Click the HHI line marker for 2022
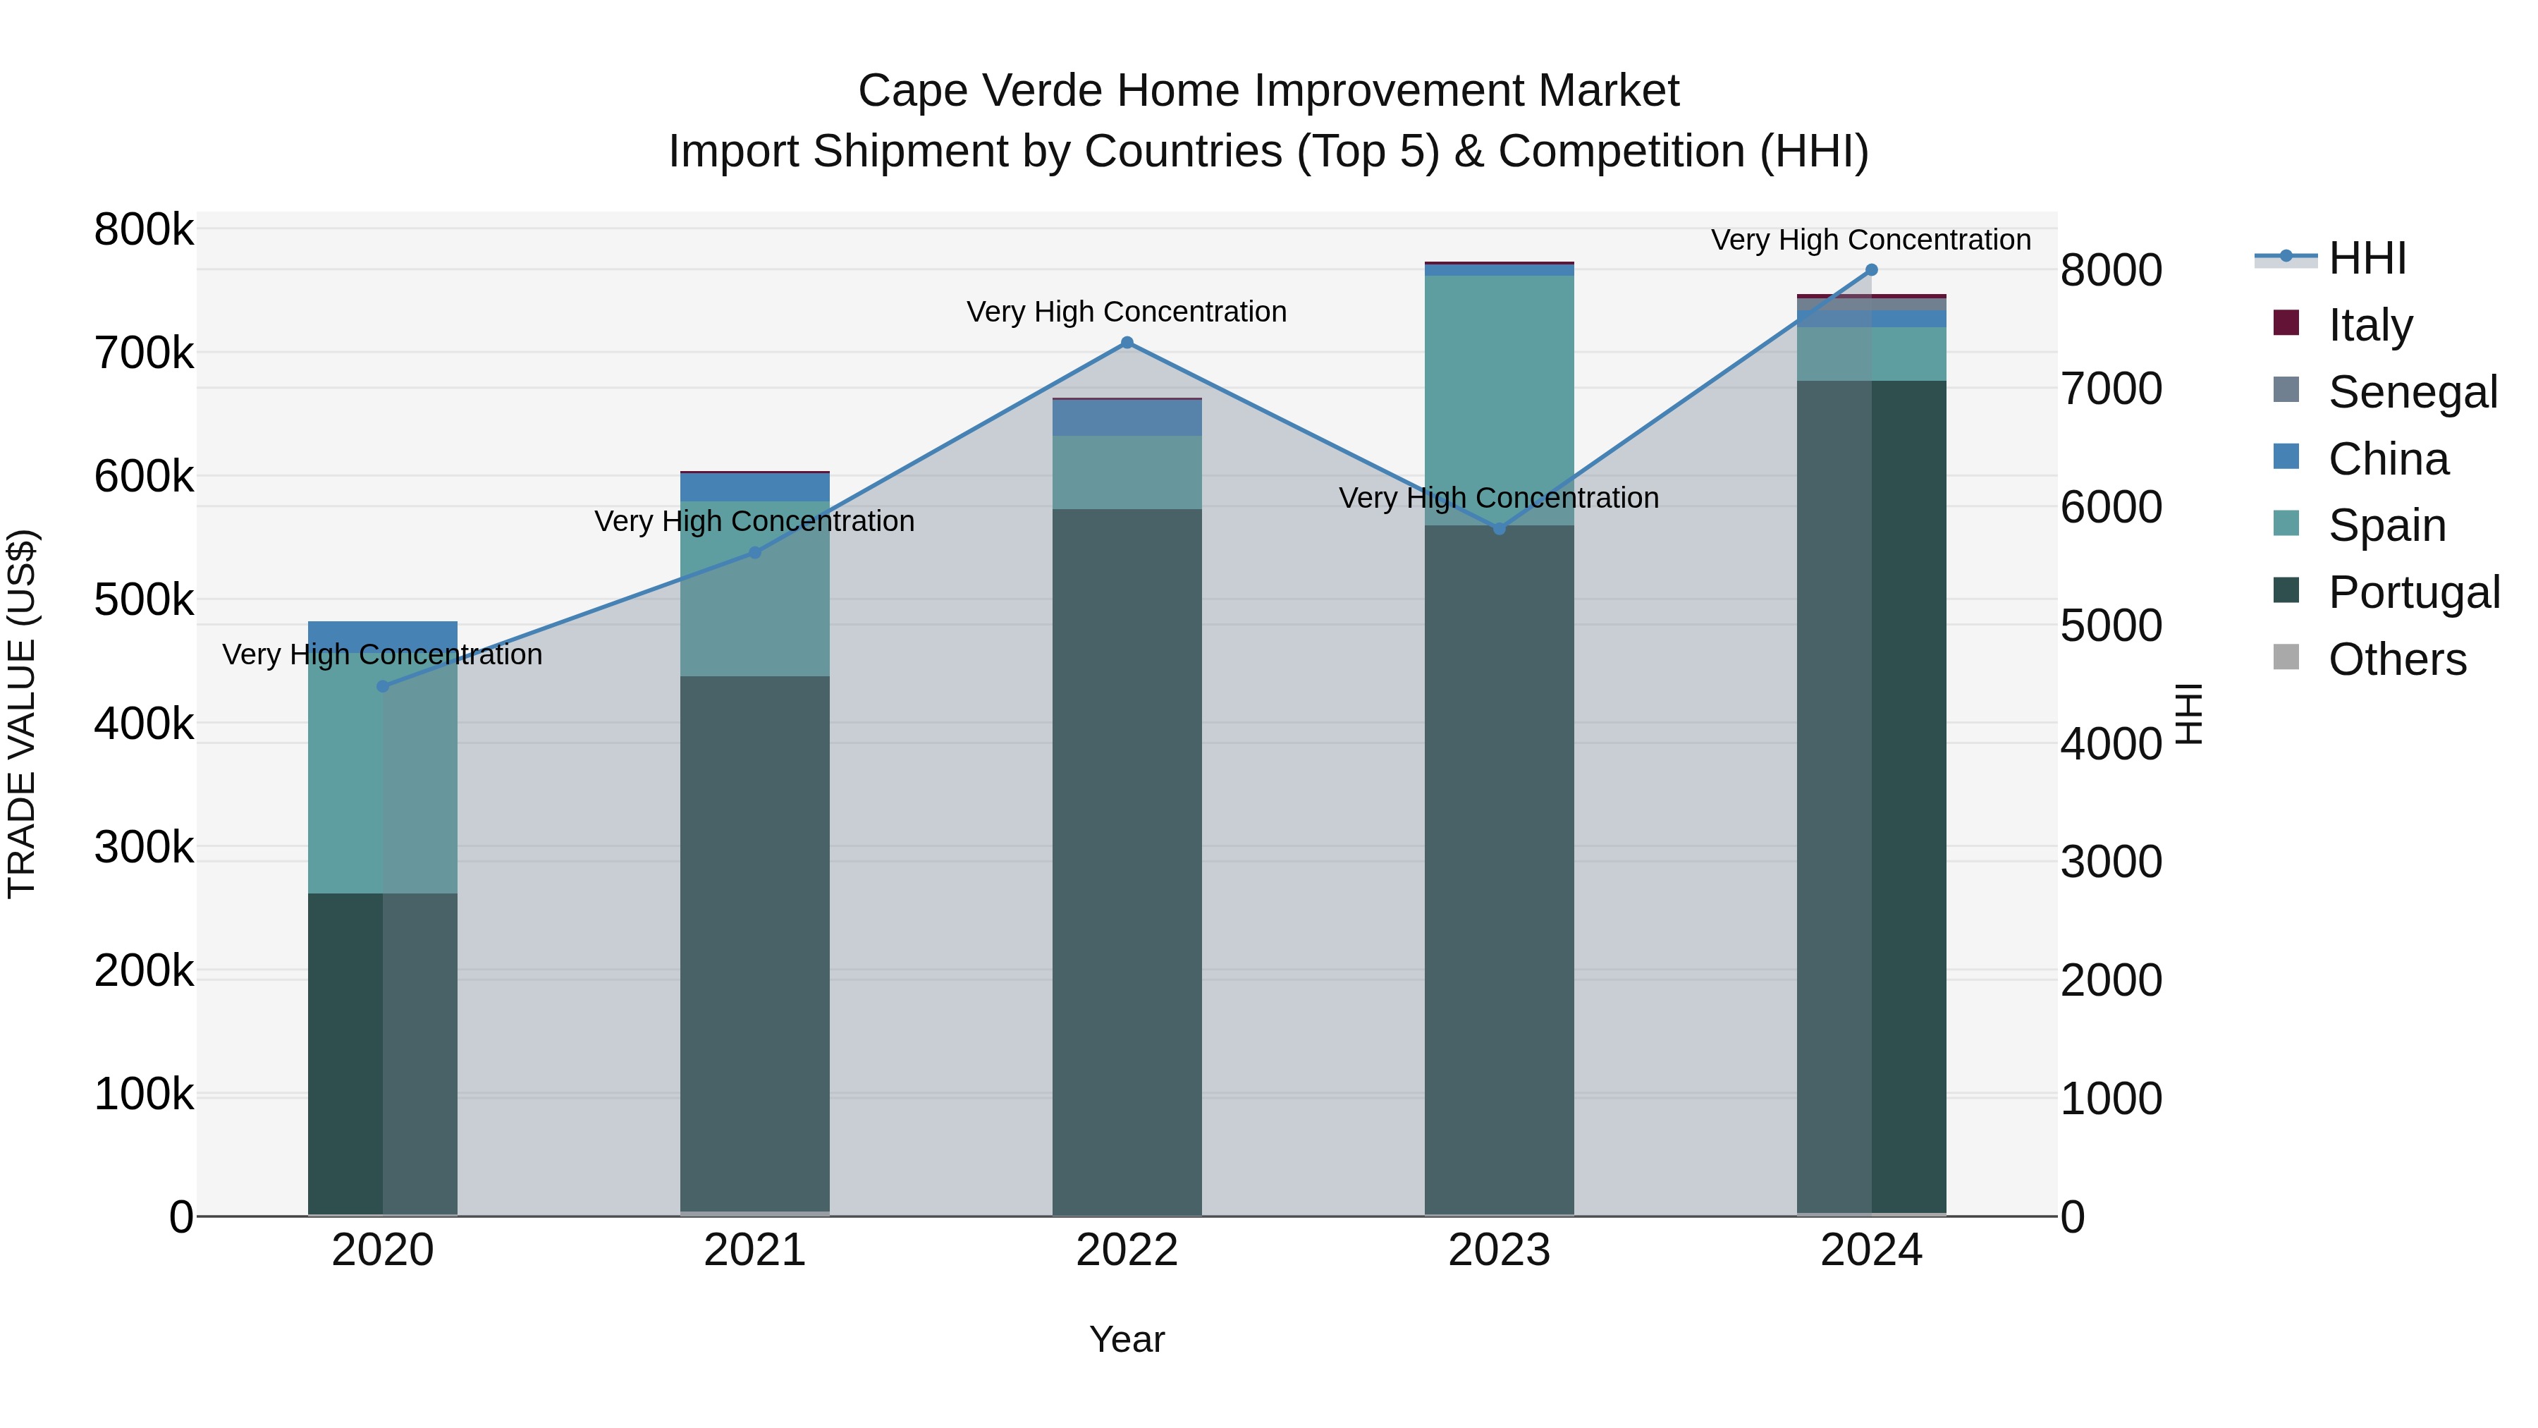click(1127, 343)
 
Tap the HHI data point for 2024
click(1871, 270)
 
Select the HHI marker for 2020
click(384, 686)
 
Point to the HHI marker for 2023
click(1500, 529)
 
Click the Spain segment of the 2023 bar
click(1500, 394)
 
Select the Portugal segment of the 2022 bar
click(1127, 858)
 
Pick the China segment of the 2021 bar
click(754, 487)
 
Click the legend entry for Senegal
click(2412, 391)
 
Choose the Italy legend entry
click(2370, 324)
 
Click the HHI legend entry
click(2367, 258)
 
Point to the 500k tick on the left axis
click(144, 599)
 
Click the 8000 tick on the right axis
click(2110, 270)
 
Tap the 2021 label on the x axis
click(754, 1250)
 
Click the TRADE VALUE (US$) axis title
click(23, 714)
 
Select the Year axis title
click(1127, 1339)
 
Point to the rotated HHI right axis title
click(2189, 714)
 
